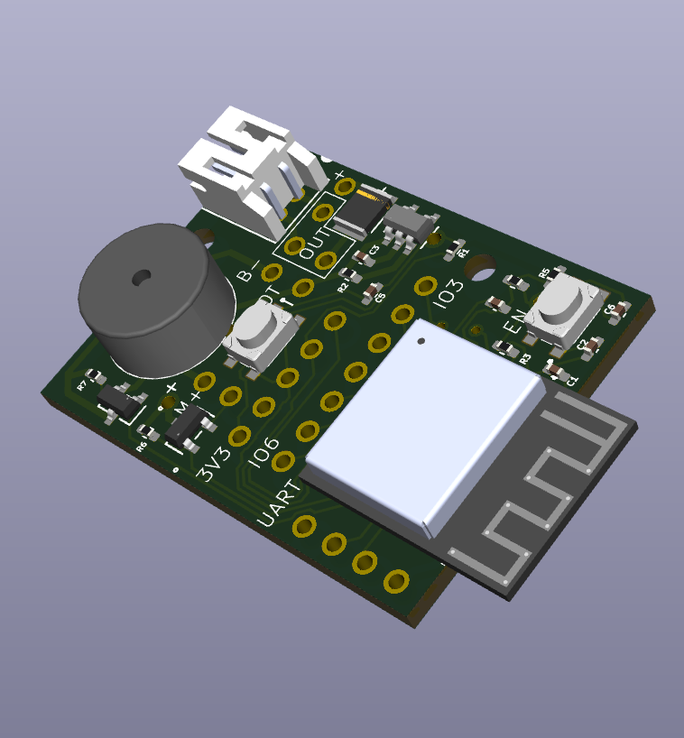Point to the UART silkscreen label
(x=281, y=504)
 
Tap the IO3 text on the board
(x=448, y=297)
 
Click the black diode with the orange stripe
(x=358, y=211)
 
